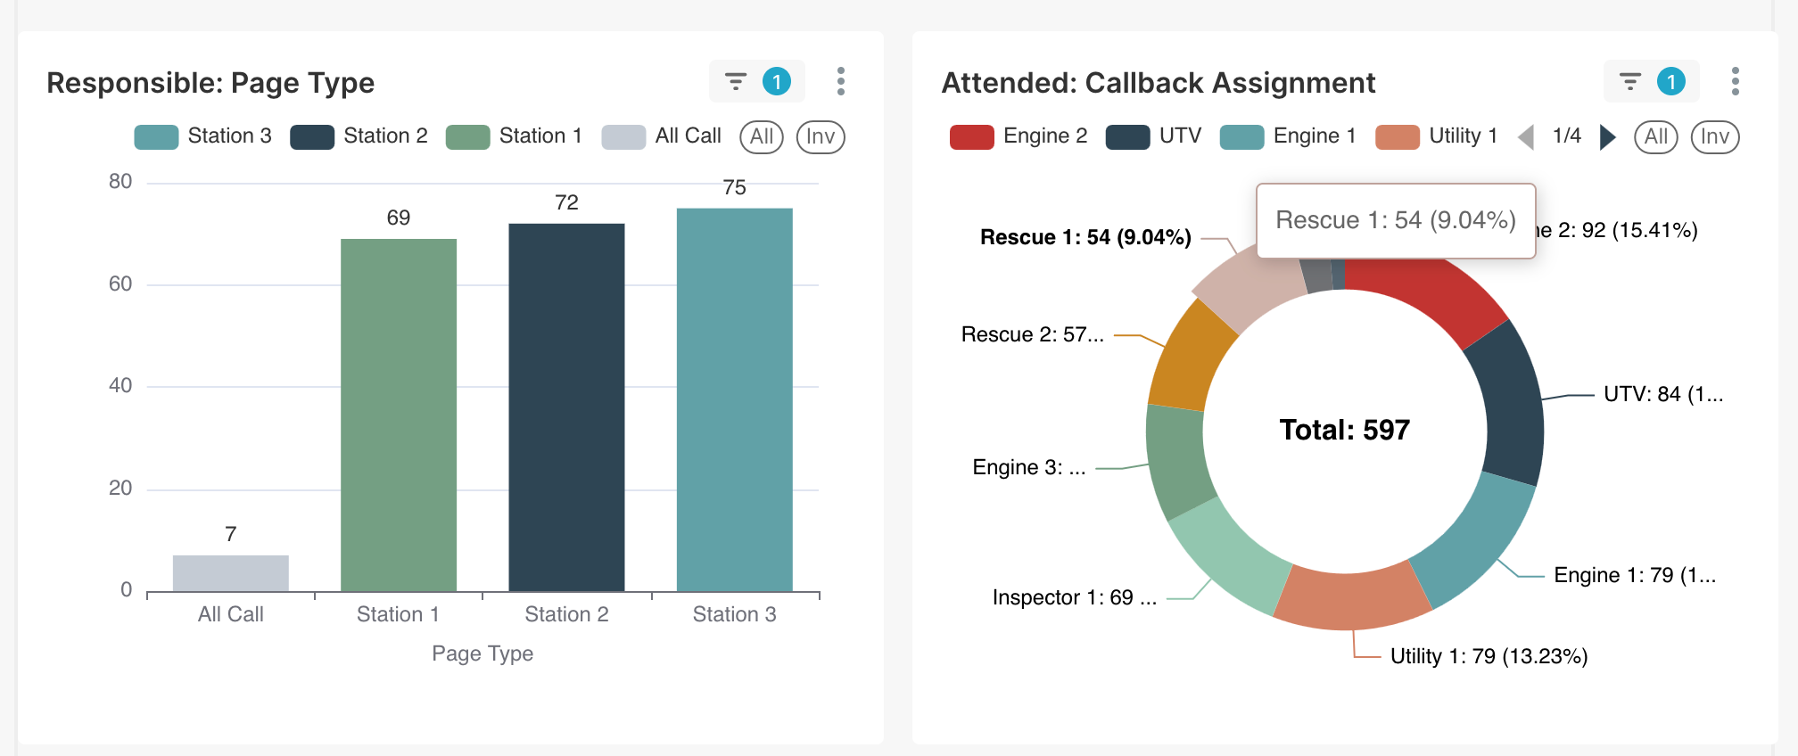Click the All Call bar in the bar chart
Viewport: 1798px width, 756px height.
click(x=230, y=573)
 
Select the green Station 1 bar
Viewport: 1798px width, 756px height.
click(x=399, y=415)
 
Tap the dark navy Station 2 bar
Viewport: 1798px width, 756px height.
click(x=566, y=407)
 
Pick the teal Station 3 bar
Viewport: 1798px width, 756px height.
click(x=734, y=399)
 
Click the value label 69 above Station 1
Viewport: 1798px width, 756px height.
click(x=399, y=218)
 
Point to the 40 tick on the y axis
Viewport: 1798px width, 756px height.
click(x=120, y=386)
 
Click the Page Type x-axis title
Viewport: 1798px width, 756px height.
click(x=482, y=653)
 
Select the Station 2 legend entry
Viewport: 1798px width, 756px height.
click(x=359, y=136)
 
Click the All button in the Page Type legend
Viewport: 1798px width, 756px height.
click(x=762, y=136)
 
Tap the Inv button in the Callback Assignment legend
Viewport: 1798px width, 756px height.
click(x=1714, y=136)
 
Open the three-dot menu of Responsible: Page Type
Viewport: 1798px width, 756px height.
click(x=840, y=81)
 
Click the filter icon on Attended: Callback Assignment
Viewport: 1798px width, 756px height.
click(x=1629, y=82)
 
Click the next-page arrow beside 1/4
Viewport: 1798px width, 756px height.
click(x=1607, y=136)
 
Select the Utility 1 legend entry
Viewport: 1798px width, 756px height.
click(x=1437, y=136)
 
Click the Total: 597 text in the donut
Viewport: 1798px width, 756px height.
click(x=1344, y=430)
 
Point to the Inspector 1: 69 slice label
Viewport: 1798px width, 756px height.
click(x=1074, y=597)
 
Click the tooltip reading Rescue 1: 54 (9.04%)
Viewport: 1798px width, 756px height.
click(x=1395, y=220)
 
